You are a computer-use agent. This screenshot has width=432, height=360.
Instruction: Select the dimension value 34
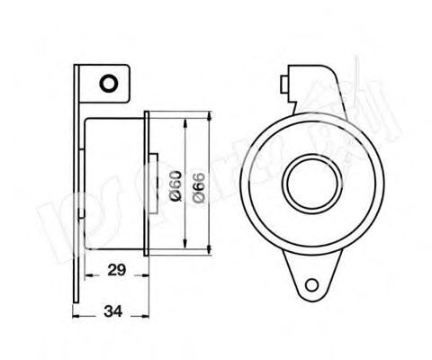(x=114, y=312)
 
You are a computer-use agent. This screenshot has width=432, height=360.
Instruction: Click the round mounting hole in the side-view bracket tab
(x=107, y=85)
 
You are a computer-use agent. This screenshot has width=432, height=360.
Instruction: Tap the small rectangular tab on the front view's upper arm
(x=286, y=85)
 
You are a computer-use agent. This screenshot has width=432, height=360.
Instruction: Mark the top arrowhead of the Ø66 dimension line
(x=209, y=114)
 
